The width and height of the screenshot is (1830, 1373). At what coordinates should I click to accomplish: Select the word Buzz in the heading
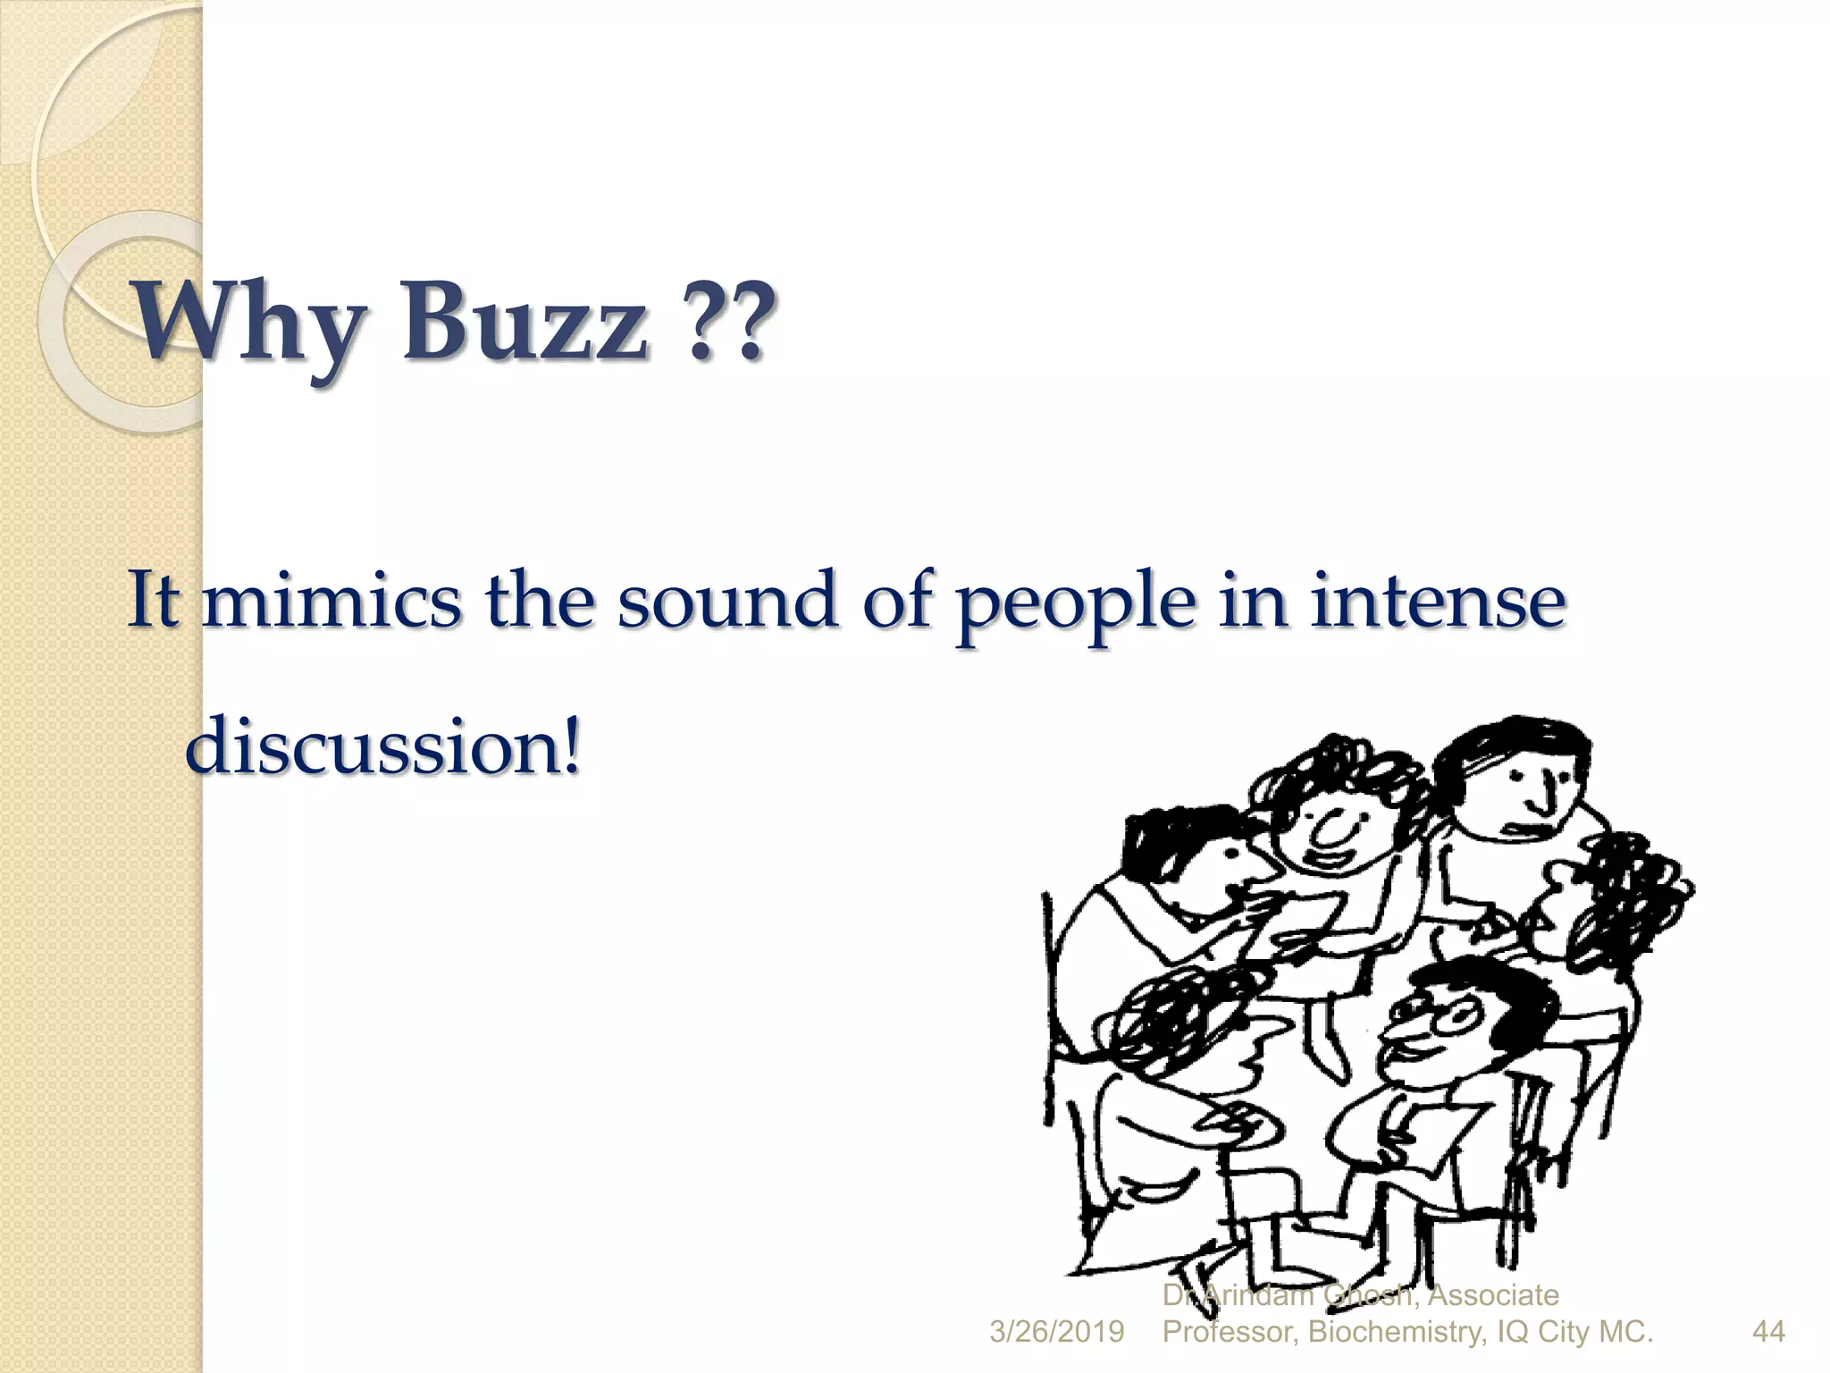pyautogui.click(x=525, y=322)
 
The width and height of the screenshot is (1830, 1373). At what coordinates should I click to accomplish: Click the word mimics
pyautogui.click(x=332, y=600)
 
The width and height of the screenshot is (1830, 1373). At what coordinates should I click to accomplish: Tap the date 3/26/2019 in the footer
pyautogui.click(x=1056, y=1332)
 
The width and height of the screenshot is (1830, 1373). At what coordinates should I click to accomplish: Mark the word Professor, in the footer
pyautogui.click(x=1229, y=1332)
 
